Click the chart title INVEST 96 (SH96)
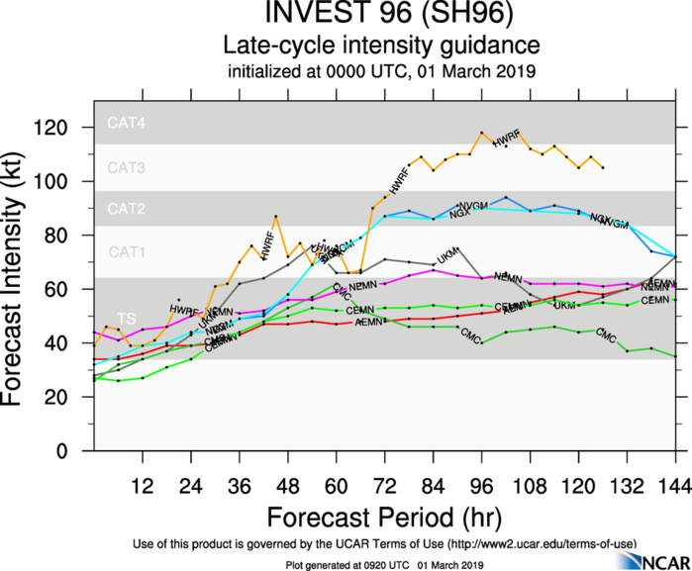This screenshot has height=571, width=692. click(381, 16)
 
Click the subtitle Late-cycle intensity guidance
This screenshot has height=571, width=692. click(381, 46)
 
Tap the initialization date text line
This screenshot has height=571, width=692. click(381, 71)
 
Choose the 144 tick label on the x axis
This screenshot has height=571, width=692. click(674, 488)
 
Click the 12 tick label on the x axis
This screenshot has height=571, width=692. click(143, 488)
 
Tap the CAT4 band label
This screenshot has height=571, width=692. click(127, 124)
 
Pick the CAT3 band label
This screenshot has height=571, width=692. click(127, 168)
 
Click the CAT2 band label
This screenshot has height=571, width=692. click(127, 210)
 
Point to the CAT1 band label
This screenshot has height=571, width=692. click(127, 252)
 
